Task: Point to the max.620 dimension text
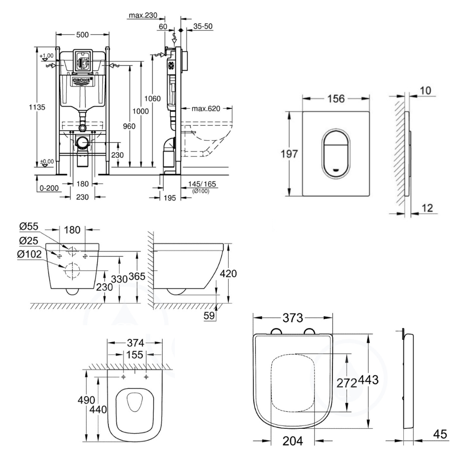pyautogui.click(x=206, y=109)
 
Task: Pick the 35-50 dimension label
pyautogui.click(x=203, y=26)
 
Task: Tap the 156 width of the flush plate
pyautogui.click(x=337, y=98)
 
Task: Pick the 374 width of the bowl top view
pyautogui.click(x=135, y=343)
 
